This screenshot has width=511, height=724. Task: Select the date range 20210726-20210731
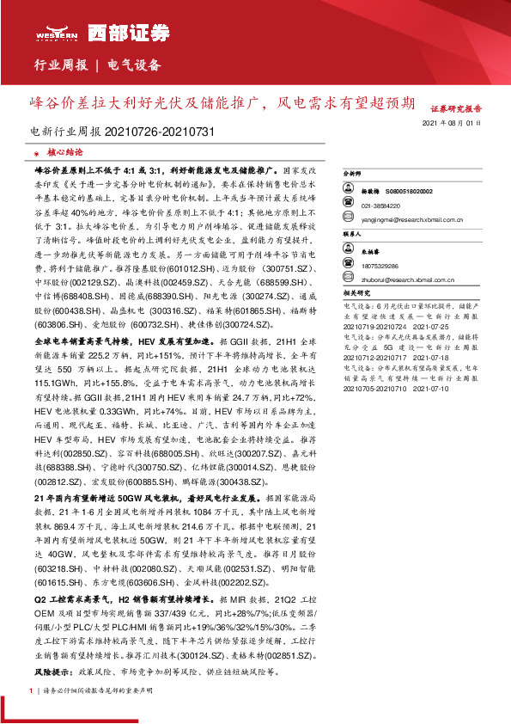(159, 132)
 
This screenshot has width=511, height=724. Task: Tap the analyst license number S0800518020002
(410, 191)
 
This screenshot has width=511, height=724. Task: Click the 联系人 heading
(354, 233)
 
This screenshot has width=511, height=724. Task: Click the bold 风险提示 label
(52, 669)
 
